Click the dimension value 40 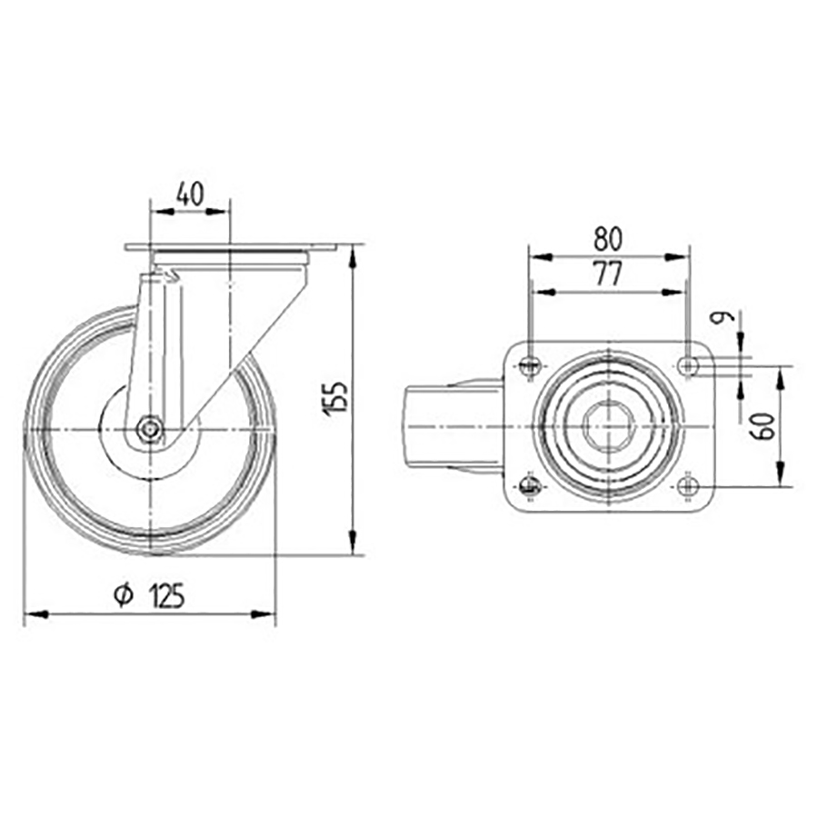point(190,193)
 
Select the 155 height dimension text point(334,398)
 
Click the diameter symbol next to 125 point(125,595)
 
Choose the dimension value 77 point(607,274)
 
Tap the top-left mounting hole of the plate point(529,366)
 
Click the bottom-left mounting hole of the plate point(529,485)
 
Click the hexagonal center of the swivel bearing point(606,425)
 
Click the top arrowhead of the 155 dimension point(353,254)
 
